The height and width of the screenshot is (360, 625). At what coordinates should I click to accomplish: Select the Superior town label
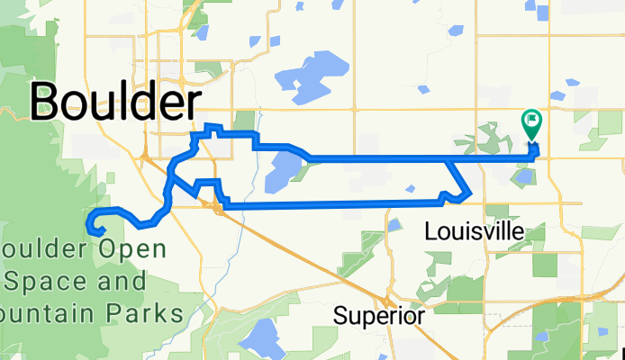coord(378,316)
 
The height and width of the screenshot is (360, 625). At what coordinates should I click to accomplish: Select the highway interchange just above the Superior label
coord(385,301)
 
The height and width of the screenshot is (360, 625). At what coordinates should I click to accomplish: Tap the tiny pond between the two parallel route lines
coord(410,188)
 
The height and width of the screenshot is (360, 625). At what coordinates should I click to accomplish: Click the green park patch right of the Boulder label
coord(245,120)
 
